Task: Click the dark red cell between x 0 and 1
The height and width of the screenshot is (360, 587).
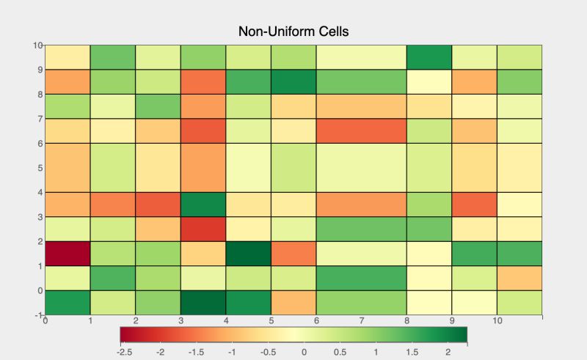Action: pos(68,253)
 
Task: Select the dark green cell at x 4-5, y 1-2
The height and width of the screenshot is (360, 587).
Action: pos(249,253)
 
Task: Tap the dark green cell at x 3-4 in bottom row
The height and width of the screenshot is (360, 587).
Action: pos(203,302)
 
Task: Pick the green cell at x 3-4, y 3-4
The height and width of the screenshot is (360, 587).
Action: pos(203,204)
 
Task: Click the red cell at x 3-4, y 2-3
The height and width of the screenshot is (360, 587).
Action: pos(203,229)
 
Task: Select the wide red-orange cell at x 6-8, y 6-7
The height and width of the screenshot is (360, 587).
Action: pos(361,131)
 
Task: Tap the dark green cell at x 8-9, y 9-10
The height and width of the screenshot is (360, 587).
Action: pos(429,56)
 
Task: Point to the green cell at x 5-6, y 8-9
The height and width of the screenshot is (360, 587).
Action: pos(293,81)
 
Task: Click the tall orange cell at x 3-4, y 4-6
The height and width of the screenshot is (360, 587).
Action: pos(203,167)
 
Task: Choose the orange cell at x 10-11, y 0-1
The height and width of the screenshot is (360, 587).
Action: pos(519,278)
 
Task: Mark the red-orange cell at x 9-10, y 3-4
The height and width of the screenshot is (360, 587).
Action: pos(475,204)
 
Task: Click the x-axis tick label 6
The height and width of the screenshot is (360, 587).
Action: pos(316,320)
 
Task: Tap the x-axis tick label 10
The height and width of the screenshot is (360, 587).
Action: pos(497,320)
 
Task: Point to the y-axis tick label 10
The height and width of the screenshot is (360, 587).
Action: pos(38,45)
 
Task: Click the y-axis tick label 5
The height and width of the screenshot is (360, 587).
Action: pos(40,167)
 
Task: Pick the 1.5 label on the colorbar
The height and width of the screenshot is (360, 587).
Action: pos(412,353)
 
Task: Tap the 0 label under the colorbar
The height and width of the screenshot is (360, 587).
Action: pos(305,353)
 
